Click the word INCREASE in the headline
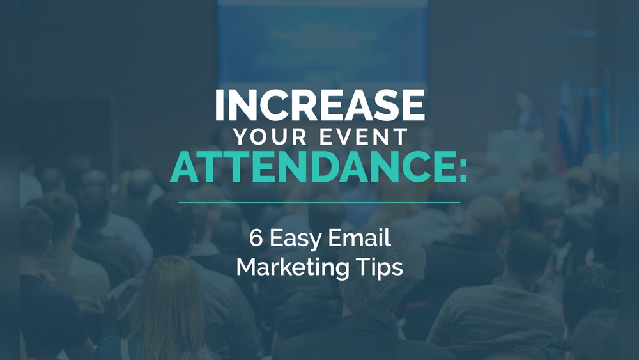point(320,106)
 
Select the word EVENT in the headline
point(364,137)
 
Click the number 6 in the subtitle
point(256,238)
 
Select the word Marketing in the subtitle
point(293,269)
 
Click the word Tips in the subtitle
point(380,269)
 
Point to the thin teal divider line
point(319,202)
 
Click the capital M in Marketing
point(247,267)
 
